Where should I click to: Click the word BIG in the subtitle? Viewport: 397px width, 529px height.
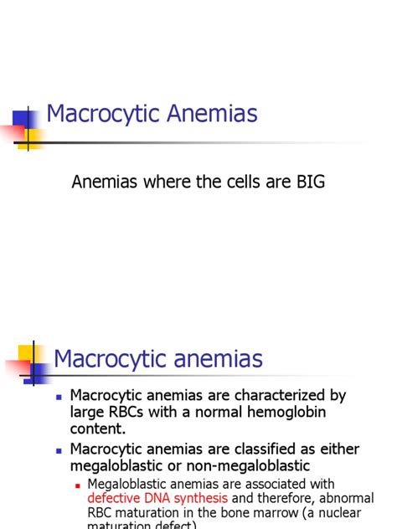307,182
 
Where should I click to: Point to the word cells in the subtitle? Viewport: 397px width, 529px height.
235,182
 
